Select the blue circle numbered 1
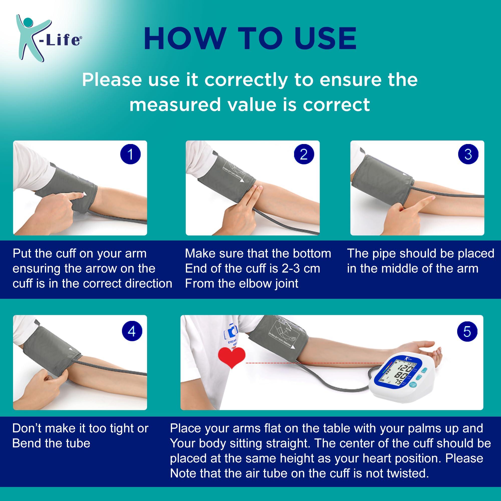tap(131, 154)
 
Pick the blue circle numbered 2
tap(303, 154)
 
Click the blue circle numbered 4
tap(132, 331)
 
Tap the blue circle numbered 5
tap(467, 331)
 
